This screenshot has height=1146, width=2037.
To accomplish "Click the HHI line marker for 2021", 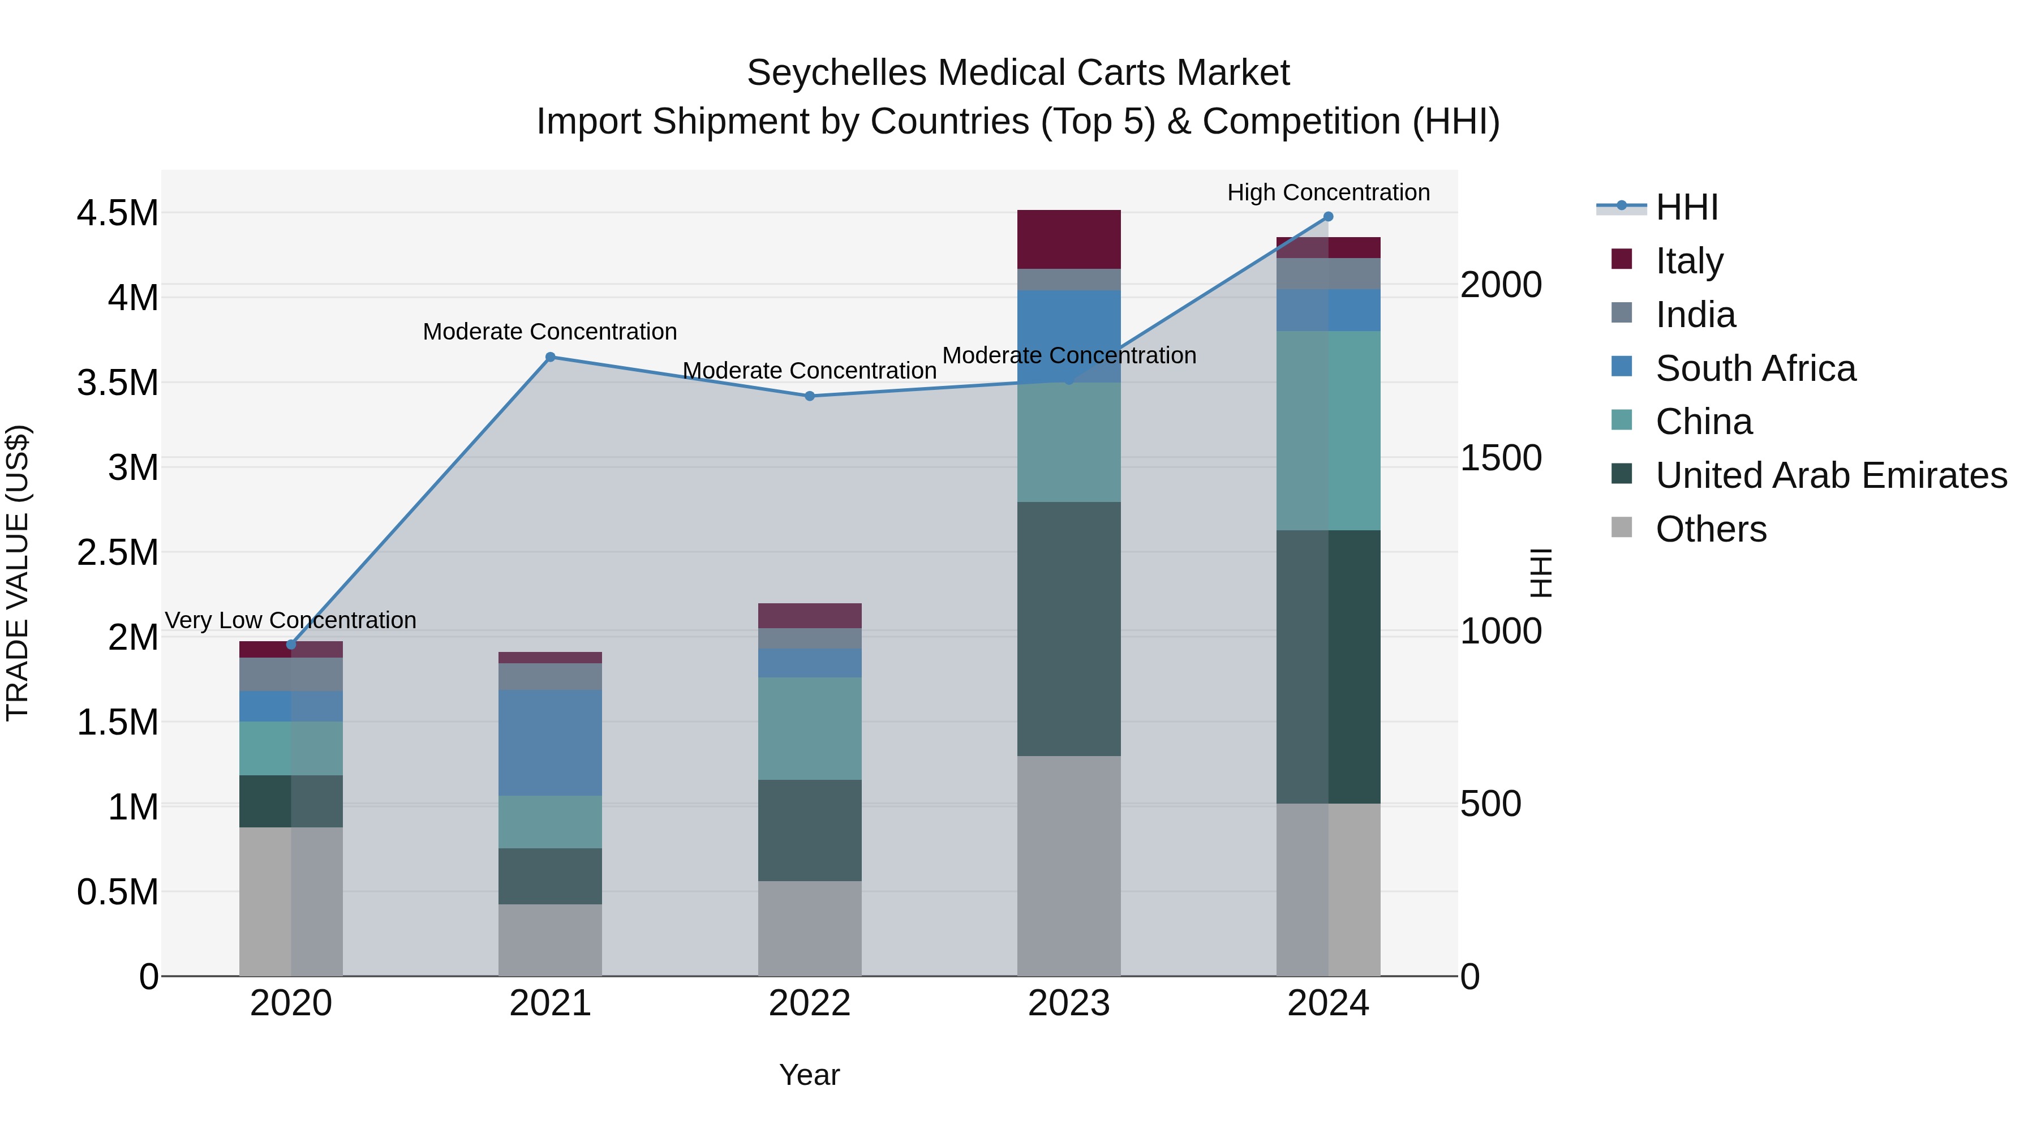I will (x=551, y=357).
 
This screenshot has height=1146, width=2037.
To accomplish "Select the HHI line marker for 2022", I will (x=810, y=396).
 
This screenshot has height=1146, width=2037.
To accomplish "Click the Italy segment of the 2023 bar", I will (x=1068, y=239).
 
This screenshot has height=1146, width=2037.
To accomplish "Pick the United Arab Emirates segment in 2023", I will (x=1068, y=629).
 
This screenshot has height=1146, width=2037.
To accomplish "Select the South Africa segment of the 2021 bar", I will (x=551, y=742).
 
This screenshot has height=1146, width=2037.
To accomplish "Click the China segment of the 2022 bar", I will (x=810, y=728).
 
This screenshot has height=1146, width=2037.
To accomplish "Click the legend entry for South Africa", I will (x=1755, y=368).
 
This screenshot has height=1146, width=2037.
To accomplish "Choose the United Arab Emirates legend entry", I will (x=1830, y=475).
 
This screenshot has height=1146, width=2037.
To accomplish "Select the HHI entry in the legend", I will (x=1686, y=207).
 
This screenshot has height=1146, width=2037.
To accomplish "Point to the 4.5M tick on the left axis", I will (x=117, y=213).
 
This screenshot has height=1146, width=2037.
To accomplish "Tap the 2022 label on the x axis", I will (x=810, y=1003).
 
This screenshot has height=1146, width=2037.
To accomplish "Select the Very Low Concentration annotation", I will (x=290, y=620).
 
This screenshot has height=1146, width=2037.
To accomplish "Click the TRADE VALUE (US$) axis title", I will (x=18, y=573).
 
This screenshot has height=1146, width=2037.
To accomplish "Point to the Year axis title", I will (x=809, y=1075).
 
